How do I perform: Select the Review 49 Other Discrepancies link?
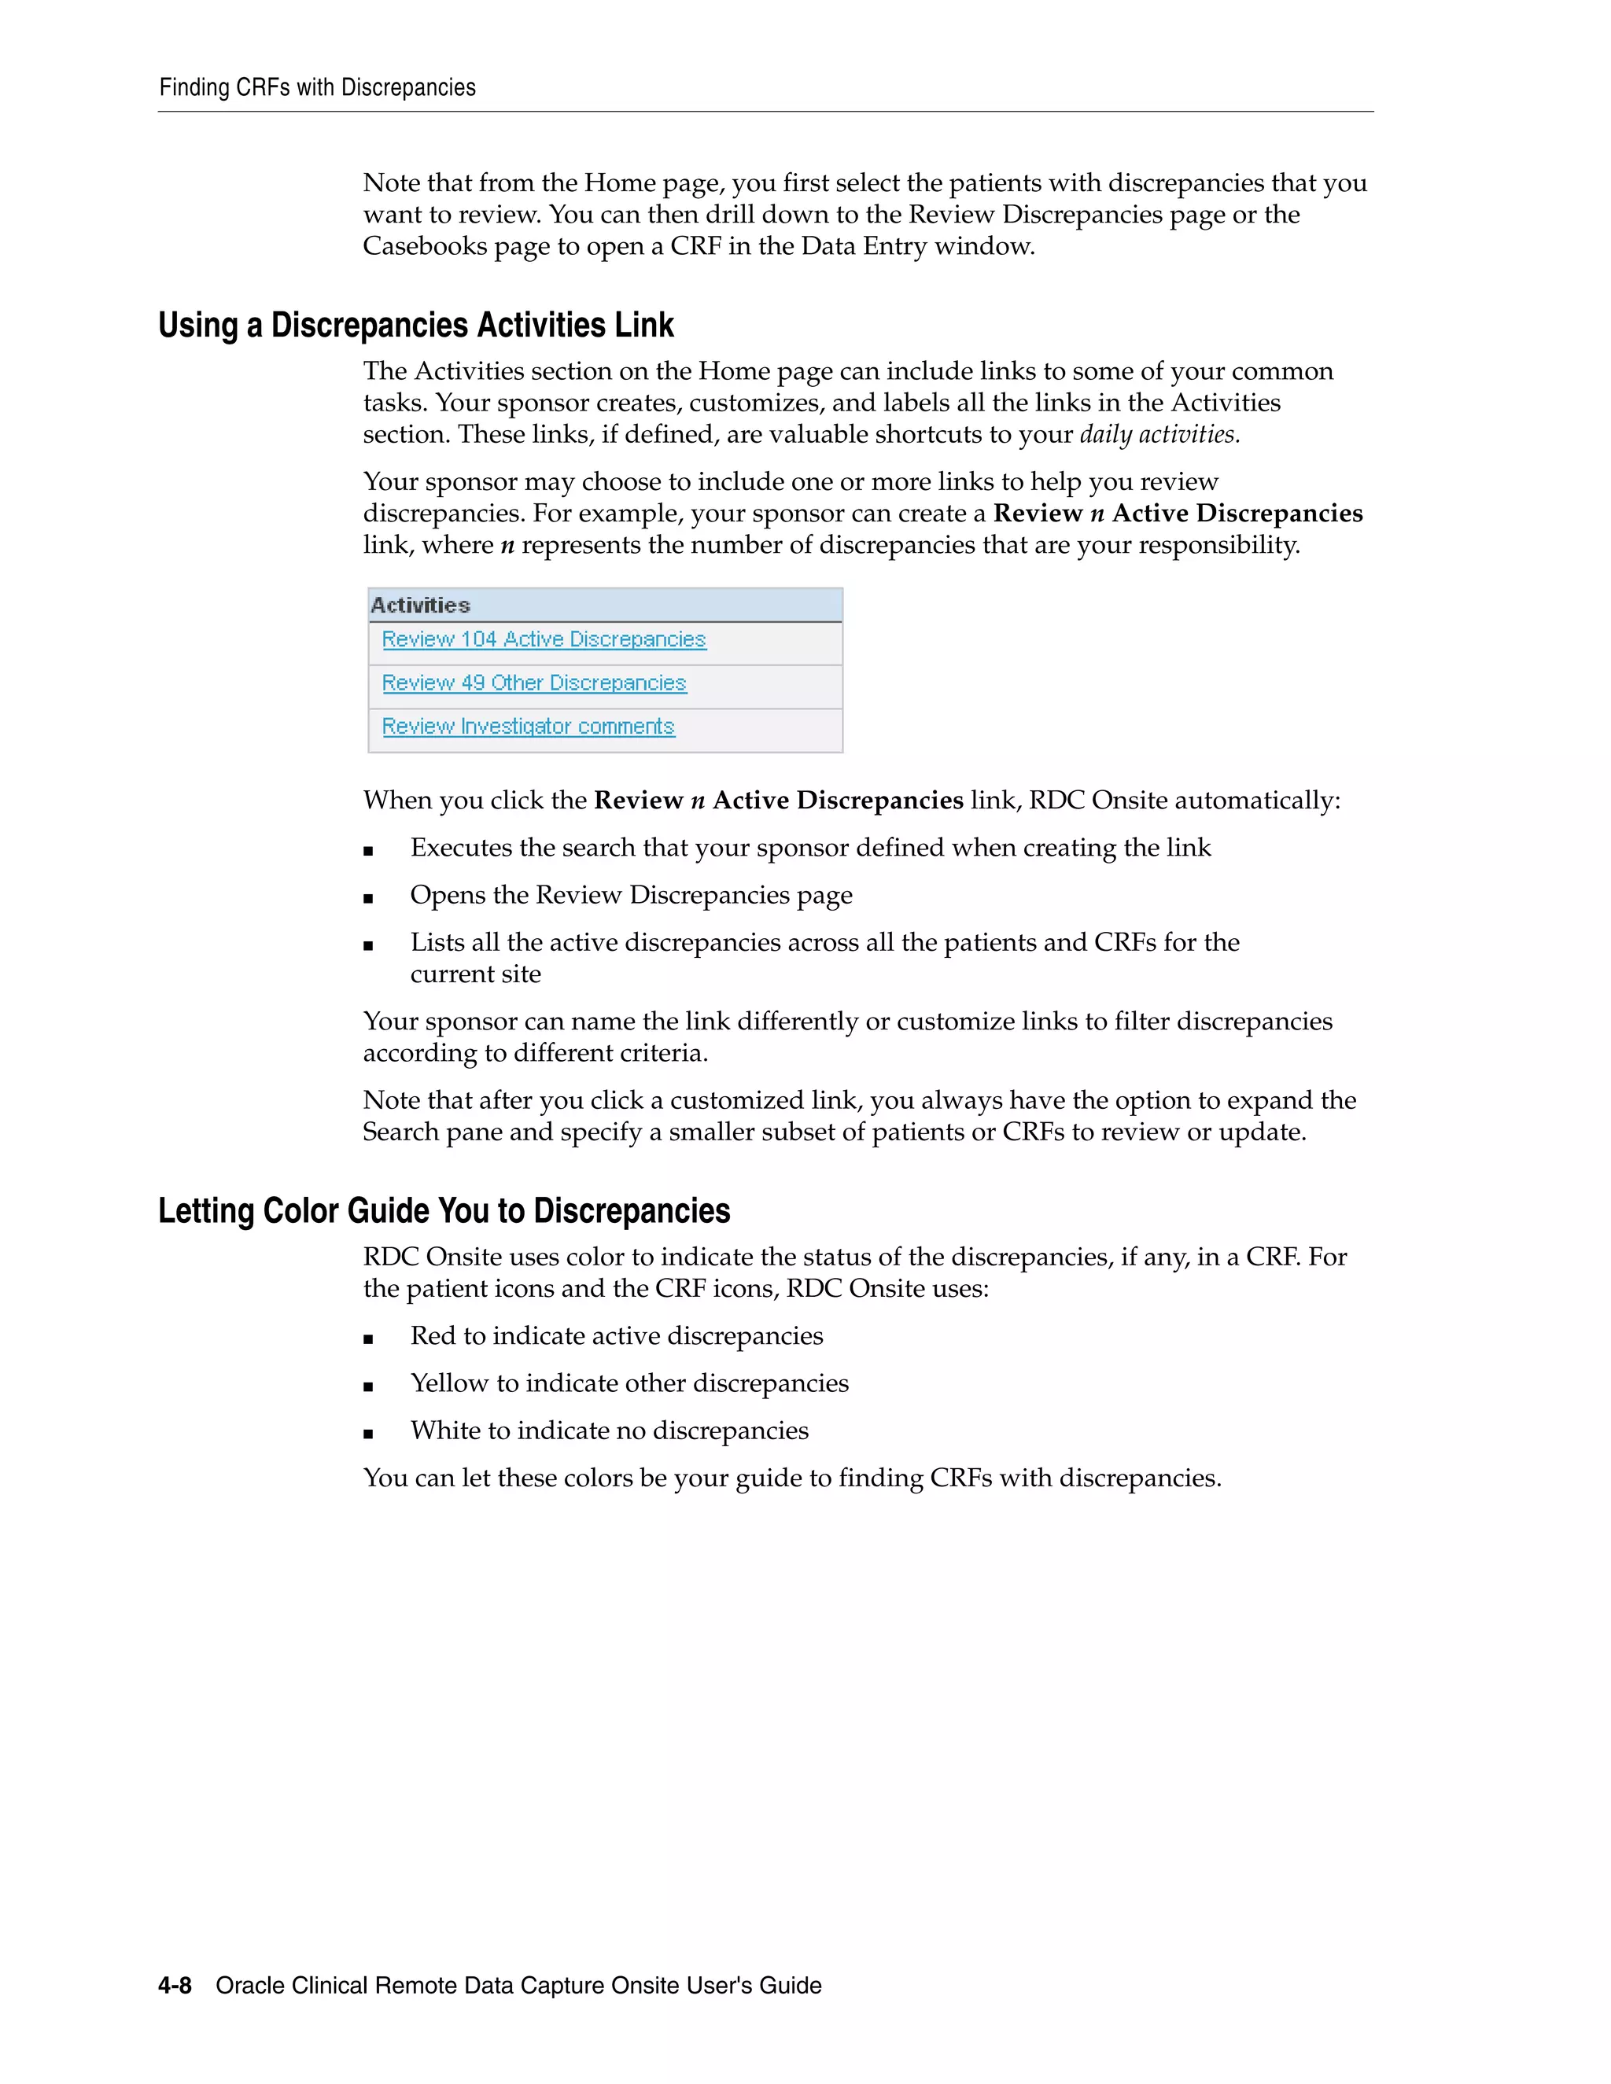click(533, 683)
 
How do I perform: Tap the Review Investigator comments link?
click(528, 727)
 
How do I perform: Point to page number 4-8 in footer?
click(175, 1986)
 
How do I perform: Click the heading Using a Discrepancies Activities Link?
click(416, 326)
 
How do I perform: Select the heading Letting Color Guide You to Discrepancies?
click(444, 1211)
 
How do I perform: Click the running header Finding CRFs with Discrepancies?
click(317, 88)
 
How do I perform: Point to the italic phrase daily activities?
click(1159, 435)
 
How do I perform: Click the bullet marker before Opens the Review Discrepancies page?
click(368, 898)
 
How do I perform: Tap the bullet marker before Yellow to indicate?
click(368, 1386)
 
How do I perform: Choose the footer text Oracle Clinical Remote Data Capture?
click(518, 1986)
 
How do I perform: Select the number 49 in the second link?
click(473, 683)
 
